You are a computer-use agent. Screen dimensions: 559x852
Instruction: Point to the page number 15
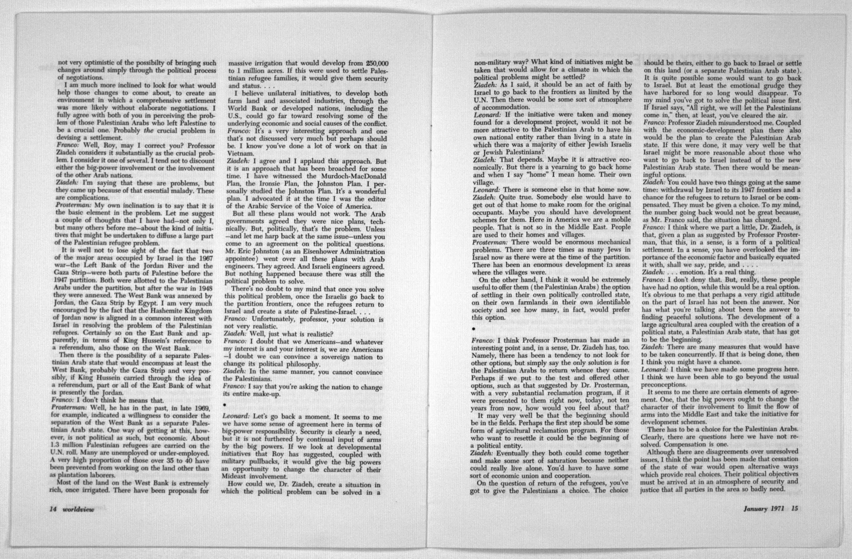pyautogui.click(x=792, y=508)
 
